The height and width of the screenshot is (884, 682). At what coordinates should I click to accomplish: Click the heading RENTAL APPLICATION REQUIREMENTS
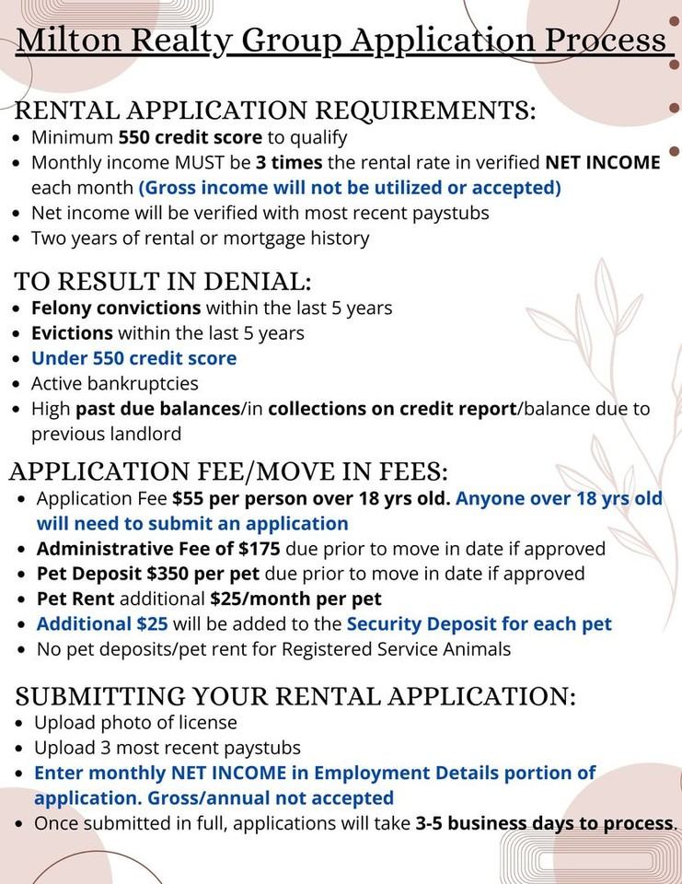pos(275,111)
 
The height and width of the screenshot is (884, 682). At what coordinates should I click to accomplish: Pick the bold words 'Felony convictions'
pos(116,308)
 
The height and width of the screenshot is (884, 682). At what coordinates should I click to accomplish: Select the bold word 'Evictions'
pos(72,333)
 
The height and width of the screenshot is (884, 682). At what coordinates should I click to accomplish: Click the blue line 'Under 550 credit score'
pos(134,358)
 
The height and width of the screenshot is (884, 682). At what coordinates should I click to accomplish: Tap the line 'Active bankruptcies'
pos(115,383)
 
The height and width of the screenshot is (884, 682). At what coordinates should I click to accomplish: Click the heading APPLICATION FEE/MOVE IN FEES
pos(229,471)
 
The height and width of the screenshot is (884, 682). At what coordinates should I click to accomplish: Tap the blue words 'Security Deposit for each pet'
pos(479,624)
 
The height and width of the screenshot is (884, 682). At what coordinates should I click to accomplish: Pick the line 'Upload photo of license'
pos(135,723)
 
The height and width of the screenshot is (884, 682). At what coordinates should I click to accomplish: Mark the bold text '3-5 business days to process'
pos(545,822)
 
